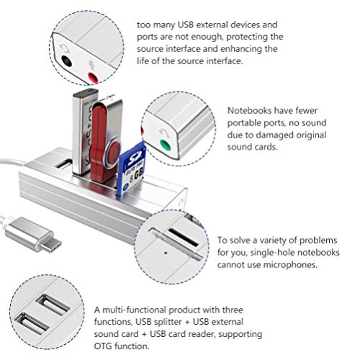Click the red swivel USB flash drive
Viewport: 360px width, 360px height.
click(x=106, y=137)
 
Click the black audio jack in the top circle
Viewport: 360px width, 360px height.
click(x=69, y=61)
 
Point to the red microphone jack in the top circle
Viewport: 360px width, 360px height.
click(x=92, y=76)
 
